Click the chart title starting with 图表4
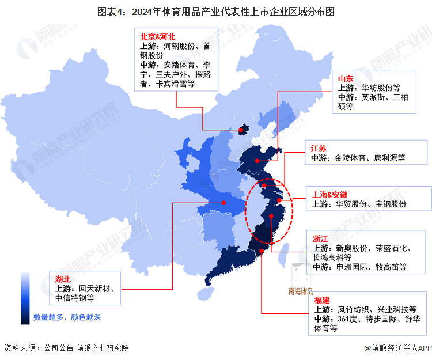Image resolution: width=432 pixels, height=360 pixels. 216,11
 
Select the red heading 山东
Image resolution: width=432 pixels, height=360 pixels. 346,78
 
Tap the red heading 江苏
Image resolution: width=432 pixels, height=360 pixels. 319,147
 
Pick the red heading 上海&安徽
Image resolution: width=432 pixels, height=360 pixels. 330,194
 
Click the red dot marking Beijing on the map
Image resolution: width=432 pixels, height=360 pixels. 242,131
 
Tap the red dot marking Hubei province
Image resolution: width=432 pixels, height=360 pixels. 223,202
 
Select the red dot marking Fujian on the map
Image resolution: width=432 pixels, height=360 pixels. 262,251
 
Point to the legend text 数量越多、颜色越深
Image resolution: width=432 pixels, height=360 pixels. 67,317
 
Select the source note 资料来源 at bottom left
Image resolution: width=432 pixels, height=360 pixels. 66,348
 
